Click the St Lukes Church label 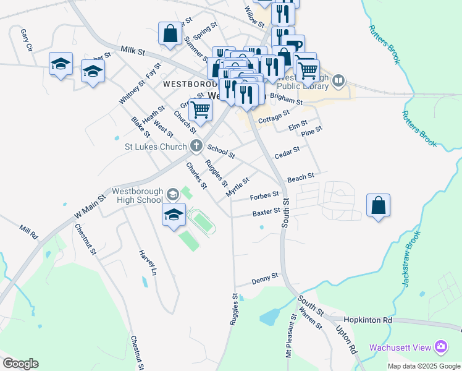pyautogui.click(x=155, y=147)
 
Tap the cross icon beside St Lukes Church pyautogui.click(x=196, y=147)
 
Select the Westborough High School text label pyautogui.click(x=137, y=195)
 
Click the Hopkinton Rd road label pyautogui.click(x=370, y=321)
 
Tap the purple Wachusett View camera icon pyautogui.click(x=440, y=346)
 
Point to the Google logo pyautogui.click(x=20, y=364)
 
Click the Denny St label pyautogui.click(x=266, y=281)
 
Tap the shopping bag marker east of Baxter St pyautogui.click(x=378, y=206)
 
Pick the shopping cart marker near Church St pyautogui.click(x=200, y=110)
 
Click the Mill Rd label pyautogui.click(x=28, y=232)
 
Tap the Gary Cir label pyautogui.click(x=26, y=39)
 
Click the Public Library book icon pyautogui.click(x=339, y=80)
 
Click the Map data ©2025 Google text pyautogui.click(x=423, y=366)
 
